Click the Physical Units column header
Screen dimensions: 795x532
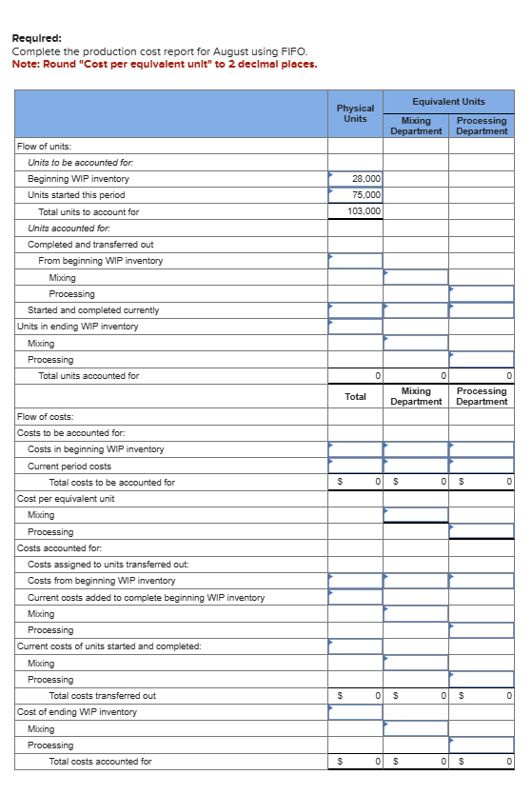355,113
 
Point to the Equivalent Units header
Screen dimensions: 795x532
448,102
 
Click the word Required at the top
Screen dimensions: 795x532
37,39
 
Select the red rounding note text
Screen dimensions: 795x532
164,65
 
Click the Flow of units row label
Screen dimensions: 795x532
45,146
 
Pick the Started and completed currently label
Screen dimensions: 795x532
93,310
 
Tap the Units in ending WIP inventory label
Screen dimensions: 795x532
78,327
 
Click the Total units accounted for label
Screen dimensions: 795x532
89,376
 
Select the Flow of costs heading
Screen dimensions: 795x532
46,416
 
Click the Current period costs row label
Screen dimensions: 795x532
69,467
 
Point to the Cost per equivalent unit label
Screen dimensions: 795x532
66,499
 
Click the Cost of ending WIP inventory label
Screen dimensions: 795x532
77,712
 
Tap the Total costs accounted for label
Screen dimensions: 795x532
100,762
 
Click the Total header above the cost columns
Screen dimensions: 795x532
355,396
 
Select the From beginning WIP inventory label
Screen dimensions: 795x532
100,261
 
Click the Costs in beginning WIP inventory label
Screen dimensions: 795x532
95,449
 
